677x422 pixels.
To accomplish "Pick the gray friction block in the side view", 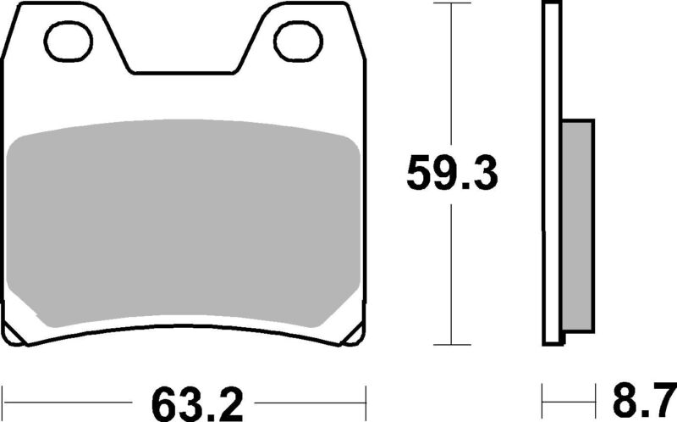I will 577,224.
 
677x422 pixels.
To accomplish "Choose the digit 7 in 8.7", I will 661,398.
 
